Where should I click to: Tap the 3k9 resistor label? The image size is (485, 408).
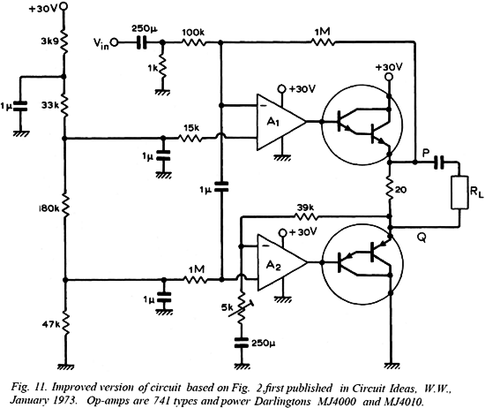[x=49, y=42]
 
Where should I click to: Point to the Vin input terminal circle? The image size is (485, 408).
[x=115, y=42]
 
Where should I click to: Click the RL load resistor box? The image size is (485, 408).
[x=459, y=192]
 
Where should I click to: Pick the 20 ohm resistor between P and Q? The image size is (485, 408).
[x=390, y=189]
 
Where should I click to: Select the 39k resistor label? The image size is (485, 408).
[x=306, y=208]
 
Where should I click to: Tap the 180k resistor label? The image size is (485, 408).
[x=48, y=209]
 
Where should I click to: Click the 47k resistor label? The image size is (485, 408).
[x=51, y=325]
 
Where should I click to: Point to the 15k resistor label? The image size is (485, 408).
[x=191, y=128]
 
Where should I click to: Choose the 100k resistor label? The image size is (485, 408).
[x=193, y=33]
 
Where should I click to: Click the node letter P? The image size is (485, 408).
[x=426, y=153]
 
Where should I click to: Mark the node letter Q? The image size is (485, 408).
[x=422, y=238]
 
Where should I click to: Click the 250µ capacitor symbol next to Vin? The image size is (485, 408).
[x=142, y=42]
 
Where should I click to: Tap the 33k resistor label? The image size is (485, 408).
[x=50, y=106]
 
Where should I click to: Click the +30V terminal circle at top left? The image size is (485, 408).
[x=63, y=6]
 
